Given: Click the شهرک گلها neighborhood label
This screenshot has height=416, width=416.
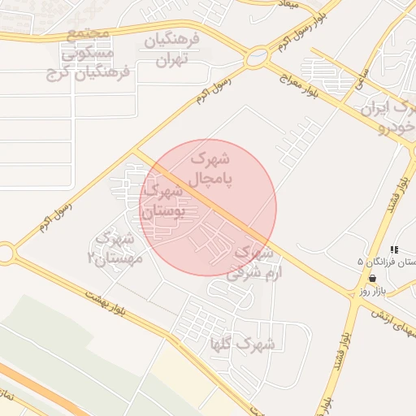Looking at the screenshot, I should click(242, 344).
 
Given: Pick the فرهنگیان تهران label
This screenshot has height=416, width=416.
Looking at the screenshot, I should click(171, 50).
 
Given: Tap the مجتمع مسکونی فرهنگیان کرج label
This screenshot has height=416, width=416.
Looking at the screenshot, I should click(96, 53).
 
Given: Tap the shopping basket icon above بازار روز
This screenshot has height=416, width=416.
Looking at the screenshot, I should click(372, 278).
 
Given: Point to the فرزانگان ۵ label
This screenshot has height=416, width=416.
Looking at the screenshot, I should click(387, 262).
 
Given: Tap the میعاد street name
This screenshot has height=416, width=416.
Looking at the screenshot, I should click(288, 5).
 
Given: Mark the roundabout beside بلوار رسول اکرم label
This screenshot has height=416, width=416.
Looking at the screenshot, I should click(257, 58).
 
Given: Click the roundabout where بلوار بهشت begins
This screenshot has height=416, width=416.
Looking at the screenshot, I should click(6, 253).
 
